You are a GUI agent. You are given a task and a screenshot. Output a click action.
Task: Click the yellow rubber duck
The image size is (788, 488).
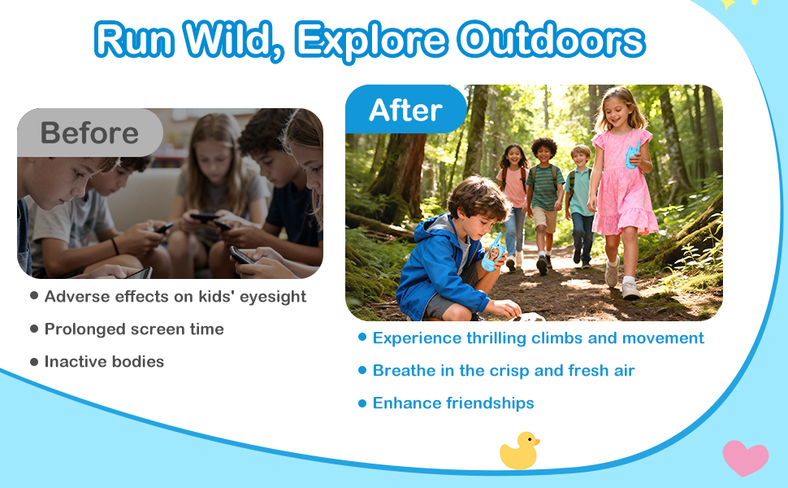point(519,451)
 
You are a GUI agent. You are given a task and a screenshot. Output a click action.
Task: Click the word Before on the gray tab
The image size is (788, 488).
point(89,133)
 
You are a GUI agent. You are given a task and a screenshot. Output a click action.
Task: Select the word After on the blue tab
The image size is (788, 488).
point(405,110)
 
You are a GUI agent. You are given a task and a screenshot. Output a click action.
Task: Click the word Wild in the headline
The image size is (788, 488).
point(234,40)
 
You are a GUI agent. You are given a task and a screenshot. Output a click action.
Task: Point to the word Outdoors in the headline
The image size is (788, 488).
point(552,39)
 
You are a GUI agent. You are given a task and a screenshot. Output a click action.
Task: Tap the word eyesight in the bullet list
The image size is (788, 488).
point(273,297)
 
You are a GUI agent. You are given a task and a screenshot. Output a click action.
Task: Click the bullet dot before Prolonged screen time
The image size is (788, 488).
point(34,329)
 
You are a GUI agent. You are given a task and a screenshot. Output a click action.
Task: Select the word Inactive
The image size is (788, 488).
point(73,361)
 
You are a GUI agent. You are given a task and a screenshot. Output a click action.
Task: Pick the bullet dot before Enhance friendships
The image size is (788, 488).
point(362,403)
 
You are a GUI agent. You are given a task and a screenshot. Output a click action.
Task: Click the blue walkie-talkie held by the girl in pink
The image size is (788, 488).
point(633,155)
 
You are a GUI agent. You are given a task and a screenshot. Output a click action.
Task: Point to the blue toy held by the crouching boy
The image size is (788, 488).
point(492,251)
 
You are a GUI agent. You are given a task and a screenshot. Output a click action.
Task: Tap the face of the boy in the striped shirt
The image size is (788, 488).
point(544,153)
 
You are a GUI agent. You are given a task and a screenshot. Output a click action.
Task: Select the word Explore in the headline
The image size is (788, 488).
point(371,41)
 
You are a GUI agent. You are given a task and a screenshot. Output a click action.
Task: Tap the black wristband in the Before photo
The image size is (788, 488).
point(115,246)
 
